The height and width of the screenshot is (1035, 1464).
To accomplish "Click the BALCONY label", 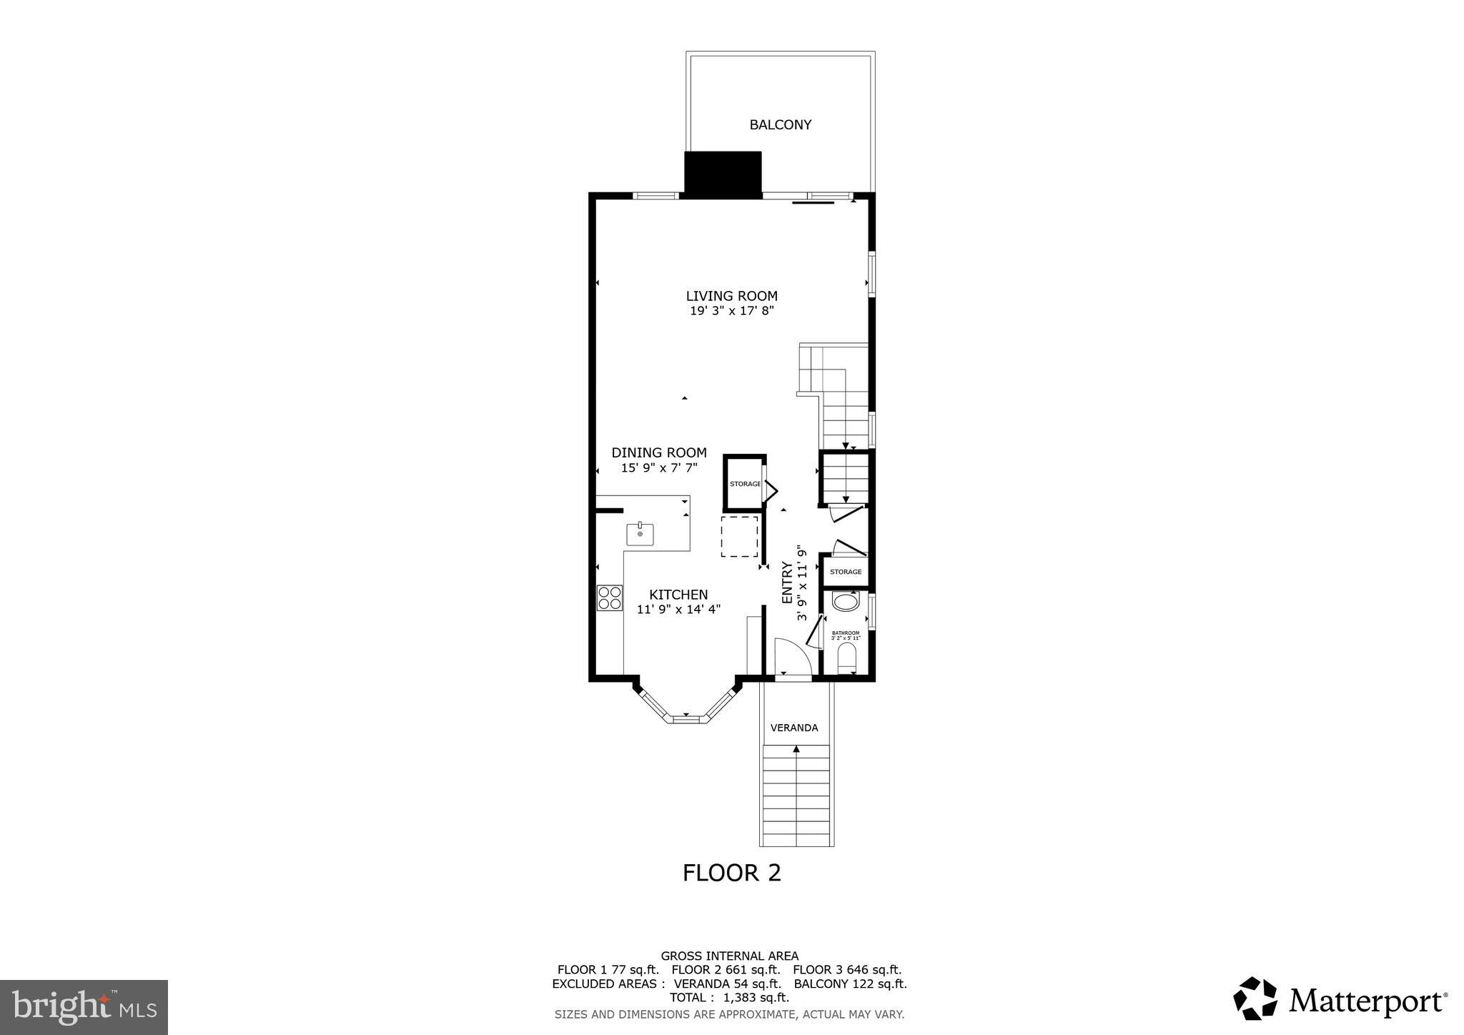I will [780, 124].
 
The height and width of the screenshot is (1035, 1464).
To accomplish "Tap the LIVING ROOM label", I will [731, 296].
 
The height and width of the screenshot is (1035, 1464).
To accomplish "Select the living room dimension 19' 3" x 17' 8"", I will [731, 311].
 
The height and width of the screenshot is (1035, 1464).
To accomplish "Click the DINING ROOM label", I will [659, 452].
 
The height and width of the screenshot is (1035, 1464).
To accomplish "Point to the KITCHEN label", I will [678, 595].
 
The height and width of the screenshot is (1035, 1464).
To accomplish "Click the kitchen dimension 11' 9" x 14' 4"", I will [678, 610].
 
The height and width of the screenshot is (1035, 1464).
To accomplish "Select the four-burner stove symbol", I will [610, 598].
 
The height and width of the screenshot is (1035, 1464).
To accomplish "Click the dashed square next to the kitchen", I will [739, 536].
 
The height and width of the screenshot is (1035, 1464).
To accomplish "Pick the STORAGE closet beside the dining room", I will [744, 484].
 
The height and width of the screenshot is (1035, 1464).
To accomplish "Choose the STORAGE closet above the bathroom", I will [846, 572].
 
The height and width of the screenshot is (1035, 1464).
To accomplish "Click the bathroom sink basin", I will [846, 602].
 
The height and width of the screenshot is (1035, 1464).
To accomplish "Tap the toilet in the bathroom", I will [846, 657].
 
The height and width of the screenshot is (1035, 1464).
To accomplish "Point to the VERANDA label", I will [794, 728].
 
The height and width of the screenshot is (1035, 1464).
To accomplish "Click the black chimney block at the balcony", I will [723, 172].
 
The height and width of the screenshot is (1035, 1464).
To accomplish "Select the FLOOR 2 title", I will [731, 873].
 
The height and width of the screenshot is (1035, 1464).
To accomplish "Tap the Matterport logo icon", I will [1255, 999].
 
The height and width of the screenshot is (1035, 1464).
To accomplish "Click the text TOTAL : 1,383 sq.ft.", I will [729, 997].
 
